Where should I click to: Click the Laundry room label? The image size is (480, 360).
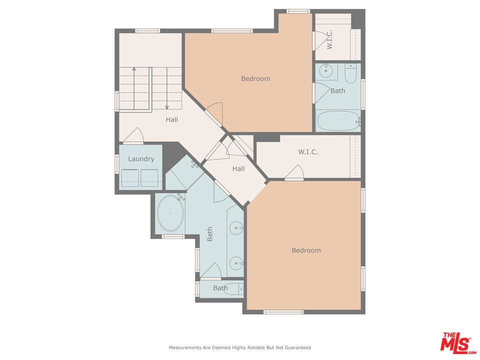[141, 159]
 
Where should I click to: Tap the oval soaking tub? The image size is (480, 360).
[170, 213]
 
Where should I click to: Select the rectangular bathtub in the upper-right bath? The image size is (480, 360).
[338, 121]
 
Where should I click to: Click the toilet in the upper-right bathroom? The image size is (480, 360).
[351, 73]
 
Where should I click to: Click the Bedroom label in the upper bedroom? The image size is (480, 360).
[255, 78]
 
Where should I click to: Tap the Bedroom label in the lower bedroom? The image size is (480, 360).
[306, 250]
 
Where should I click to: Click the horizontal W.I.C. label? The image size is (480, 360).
[308, 152]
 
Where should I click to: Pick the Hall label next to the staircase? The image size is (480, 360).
[172, 119]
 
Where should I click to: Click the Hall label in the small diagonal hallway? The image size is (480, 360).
[238, 168]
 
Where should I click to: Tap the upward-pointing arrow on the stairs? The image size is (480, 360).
[134, 69]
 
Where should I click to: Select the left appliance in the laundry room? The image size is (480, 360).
[130, 178]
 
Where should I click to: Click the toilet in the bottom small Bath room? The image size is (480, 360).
[233, 288]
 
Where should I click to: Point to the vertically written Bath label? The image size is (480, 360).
[210, 234]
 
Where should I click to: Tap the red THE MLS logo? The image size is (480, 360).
[455, 342]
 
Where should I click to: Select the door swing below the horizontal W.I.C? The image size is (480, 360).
[294, 172]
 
